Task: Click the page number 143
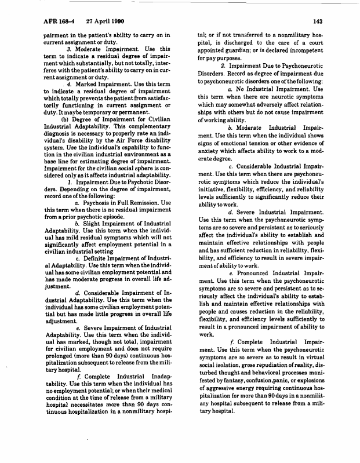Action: pyautogui.click(x=317, y=21)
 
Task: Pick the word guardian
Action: pyautogui.click(x=243, y=57)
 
